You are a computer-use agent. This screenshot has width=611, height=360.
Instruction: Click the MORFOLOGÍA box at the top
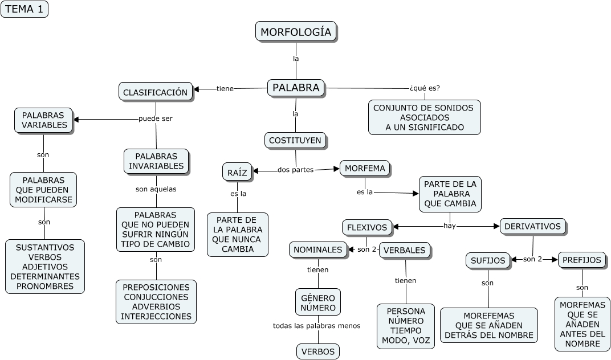[296, 32]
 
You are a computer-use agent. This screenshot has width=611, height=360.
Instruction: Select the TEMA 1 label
[24, 9]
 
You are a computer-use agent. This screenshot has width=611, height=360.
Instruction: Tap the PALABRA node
[295, 88]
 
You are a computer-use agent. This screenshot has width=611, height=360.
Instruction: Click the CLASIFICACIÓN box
[155, 92]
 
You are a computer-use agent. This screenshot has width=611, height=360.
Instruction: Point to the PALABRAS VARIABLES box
[43, 120]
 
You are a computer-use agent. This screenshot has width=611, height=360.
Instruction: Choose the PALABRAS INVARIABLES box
[156, 161]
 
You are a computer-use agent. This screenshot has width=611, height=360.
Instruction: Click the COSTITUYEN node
[295, 140]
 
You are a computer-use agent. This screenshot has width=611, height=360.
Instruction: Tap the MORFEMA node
[365, 168]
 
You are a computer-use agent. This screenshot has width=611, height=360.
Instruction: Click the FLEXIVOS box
[367, 227]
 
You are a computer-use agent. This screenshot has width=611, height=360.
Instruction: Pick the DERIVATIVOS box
[532, 226]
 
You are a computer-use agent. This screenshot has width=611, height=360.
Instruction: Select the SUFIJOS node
[488, 260]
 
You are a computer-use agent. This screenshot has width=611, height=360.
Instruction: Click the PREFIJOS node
[581, 260]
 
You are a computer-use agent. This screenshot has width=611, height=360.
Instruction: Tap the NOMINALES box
[318, 249]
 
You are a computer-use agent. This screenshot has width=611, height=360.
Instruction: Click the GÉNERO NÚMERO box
[318, 302]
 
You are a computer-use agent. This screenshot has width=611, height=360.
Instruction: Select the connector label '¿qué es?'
[425, 88]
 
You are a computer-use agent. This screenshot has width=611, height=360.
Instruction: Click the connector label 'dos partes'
[295, 170]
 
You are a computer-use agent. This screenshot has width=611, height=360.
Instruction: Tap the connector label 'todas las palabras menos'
[316, 326]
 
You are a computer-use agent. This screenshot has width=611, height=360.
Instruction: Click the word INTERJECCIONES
[156, 316]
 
